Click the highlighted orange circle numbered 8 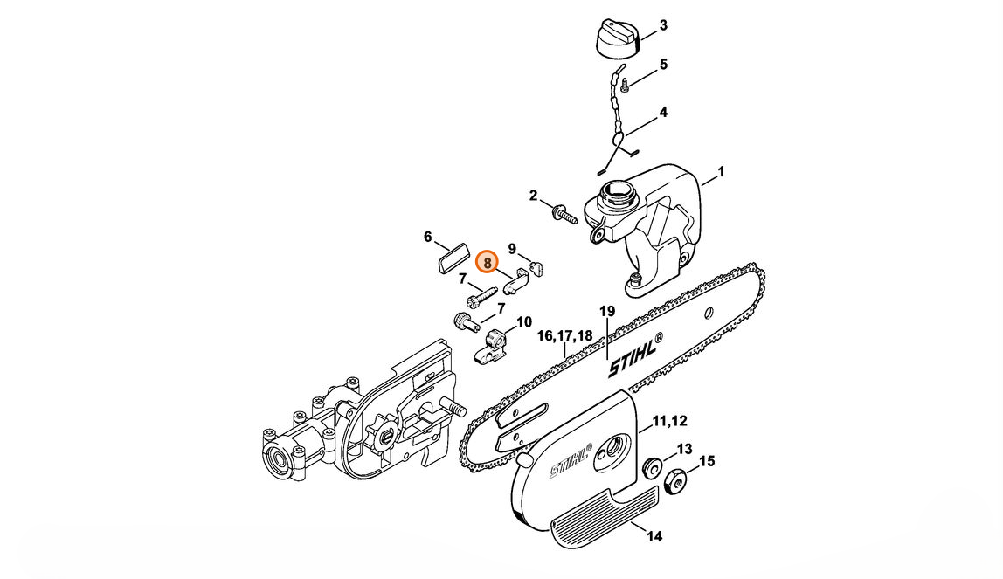pos(488,262)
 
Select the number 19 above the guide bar pos(607,311)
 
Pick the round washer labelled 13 pos(652,467)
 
